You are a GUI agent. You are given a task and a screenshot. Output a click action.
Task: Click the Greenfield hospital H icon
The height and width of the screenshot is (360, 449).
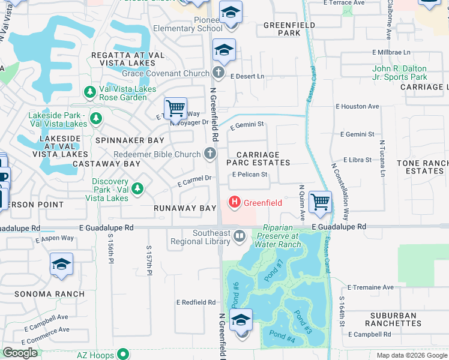click(234, 203)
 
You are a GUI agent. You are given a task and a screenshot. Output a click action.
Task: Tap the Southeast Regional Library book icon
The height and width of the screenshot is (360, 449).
click(240, 236)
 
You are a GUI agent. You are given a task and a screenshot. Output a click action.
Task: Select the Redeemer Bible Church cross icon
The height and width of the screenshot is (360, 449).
click(210, 154)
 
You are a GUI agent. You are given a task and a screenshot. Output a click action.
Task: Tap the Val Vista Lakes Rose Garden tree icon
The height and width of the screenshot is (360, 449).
click(90, 92)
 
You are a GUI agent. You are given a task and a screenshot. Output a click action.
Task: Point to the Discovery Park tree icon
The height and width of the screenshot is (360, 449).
click(138, 190)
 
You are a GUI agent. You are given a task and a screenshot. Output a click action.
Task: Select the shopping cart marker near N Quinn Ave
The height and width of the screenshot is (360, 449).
click(320, 202)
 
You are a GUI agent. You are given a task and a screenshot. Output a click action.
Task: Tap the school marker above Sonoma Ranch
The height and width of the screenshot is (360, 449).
click(61, 264)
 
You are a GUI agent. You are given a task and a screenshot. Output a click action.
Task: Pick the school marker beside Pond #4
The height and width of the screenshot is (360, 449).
click(241, 320)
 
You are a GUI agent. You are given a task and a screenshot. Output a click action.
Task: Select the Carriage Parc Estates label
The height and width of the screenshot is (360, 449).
click(258, 158)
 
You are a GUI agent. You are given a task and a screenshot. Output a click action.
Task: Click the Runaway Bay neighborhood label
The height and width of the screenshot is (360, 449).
click(184, 208)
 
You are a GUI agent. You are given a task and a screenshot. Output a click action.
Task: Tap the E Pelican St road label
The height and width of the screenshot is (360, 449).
click(249, 175)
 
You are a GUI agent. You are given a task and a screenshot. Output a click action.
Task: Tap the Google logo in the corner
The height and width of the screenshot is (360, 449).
click(20, 353)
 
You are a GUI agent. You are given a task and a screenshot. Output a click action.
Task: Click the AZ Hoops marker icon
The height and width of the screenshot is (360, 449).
click(123, 354)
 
